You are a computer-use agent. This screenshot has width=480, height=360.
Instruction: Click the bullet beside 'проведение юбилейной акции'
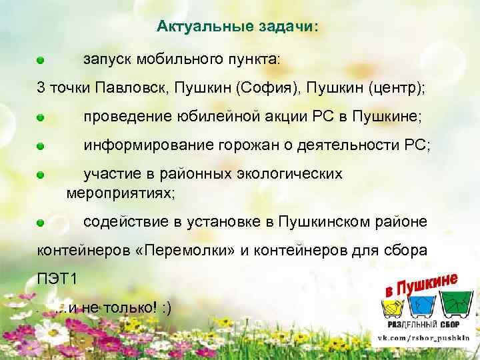coord(41,117)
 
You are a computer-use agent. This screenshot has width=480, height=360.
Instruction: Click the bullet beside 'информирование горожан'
coord(41,145)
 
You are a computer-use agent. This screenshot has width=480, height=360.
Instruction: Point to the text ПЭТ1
coord(56,279)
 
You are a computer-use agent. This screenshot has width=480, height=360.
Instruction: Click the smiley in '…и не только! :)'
coord(165,307)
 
